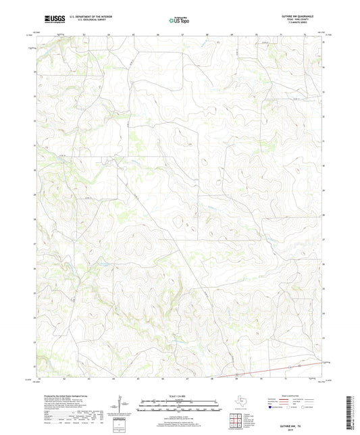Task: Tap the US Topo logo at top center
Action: (x=180, y=21)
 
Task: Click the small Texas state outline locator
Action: (x=240, y=399)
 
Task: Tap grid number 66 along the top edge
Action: (x=157, y=33)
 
